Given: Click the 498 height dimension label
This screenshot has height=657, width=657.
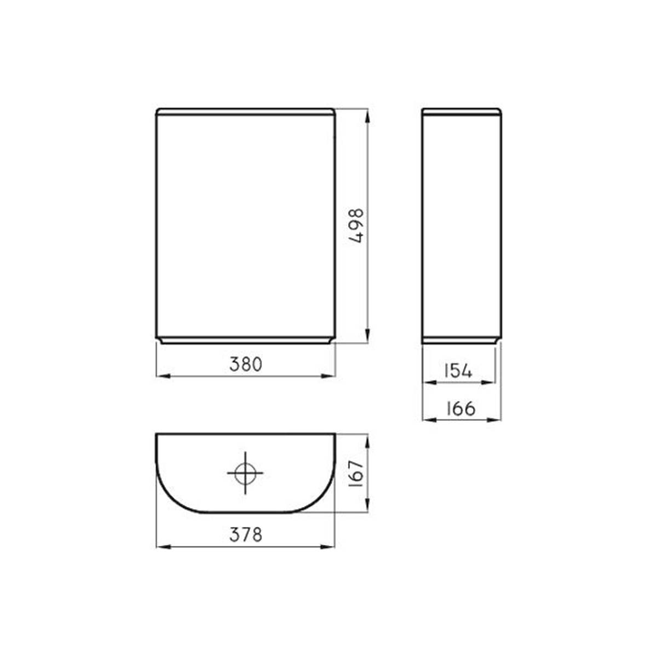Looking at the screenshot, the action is click(x=357, y=226).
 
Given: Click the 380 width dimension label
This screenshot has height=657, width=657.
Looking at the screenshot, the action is click(x=246, y=364).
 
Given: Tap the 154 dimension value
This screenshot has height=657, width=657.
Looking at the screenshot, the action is click(x=459, y=371).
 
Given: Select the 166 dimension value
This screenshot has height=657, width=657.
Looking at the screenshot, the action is click(x=460, y=408).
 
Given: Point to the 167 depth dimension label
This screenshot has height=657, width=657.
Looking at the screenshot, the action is click(x=357, y=474).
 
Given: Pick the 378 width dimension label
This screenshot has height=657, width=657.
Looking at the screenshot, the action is click(x=246, y=535).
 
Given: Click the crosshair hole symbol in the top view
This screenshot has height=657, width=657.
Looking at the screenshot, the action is click(x=245, y=473).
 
